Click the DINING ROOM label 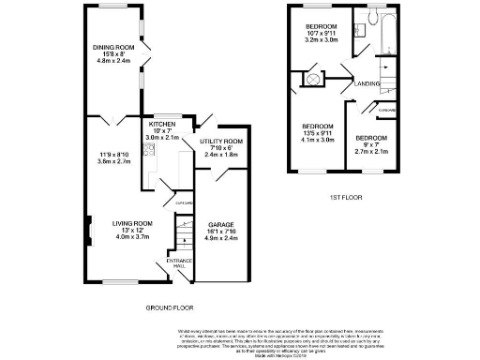[x=112, y=48]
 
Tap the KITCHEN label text [x=162, y=124]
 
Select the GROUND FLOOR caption [x=170, y=307]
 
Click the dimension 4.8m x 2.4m [x=112, y=63]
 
